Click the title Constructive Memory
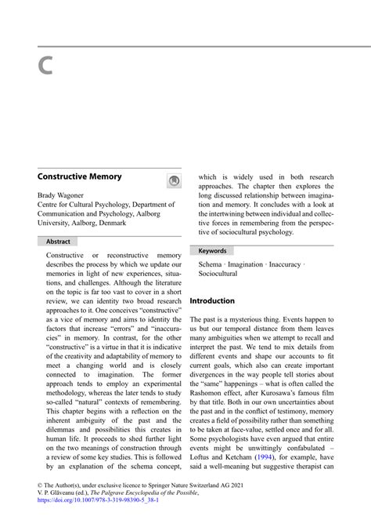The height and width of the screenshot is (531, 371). tap(79, 176)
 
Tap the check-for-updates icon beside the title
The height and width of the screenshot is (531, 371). tap(174, 181)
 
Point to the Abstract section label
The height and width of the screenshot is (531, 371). tap(59, 242)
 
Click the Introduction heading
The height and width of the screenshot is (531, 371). tap(212, 300)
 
